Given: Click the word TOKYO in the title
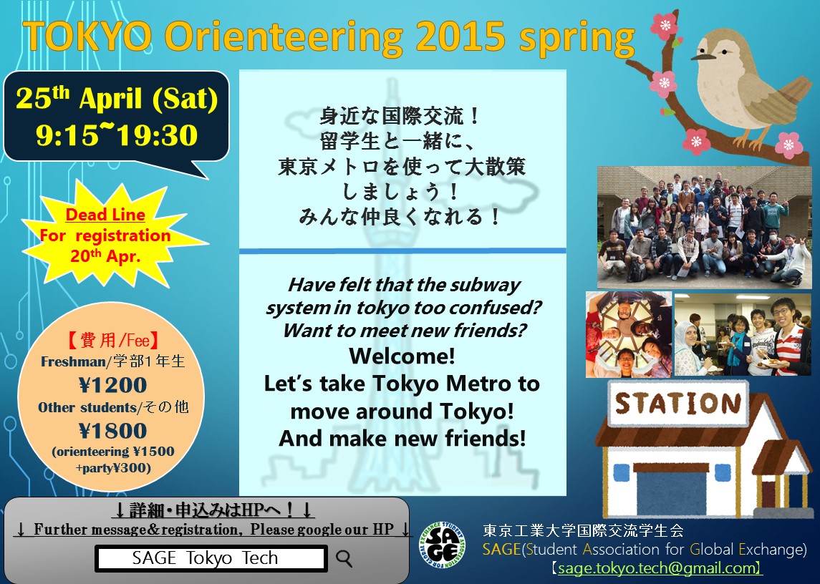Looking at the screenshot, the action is click(x=87, y=36).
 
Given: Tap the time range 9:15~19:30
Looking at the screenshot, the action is click(x=117, y=135).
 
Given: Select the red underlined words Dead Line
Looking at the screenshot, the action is click(x=105, y=215).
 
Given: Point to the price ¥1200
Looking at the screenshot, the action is click(x=112, y=385).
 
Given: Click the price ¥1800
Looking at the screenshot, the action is click(x=112, y=431).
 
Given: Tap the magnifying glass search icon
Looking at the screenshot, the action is click(x=344, y=558).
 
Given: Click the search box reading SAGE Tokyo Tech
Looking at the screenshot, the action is click(x=211, y=558).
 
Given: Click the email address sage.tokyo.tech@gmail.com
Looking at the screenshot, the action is click(x=656, y=568).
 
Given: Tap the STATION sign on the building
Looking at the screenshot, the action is click(x=678, y=404).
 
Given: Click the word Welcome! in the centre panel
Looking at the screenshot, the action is click(x=402, y=356).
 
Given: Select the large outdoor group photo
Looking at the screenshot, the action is click(x=705, y=228).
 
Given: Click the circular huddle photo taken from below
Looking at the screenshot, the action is click(x=629, y=335).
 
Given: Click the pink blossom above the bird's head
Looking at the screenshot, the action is click(x=664, y=25).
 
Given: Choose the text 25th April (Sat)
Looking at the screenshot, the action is click(x=117, y=98).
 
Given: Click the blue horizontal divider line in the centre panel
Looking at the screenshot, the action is click(x=402, y=251).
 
